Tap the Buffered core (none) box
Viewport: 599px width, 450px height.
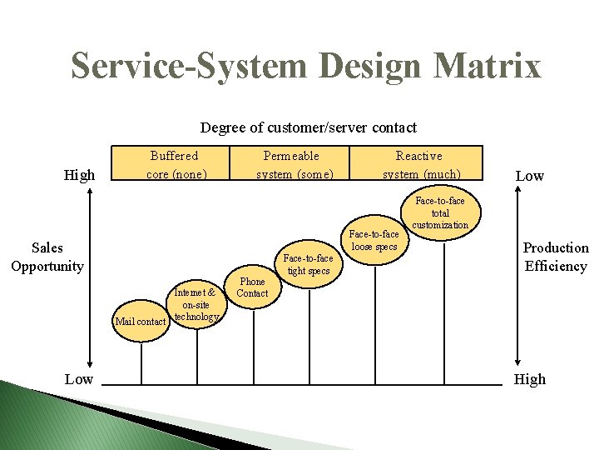tap(175, 164)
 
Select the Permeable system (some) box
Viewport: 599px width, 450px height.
tap(295, 164)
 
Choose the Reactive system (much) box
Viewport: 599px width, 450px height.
tap(420, 164)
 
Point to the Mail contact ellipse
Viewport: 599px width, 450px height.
tap(141, 322)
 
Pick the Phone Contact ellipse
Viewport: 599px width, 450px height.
tap(252, 287)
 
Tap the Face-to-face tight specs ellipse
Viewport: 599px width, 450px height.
tap(308, 264)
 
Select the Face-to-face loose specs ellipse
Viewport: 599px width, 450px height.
tap(374, 240)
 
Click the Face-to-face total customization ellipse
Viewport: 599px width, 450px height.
tap(440, 212)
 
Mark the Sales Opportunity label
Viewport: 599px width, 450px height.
tap(47, 257)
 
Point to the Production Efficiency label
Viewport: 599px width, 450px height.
tap(555, 257)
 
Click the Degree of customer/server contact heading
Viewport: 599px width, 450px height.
tap(308, 127)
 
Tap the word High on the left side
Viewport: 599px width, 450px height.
tap(80, 175)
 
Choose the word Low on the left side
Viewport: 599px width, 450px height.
tap(79, 379)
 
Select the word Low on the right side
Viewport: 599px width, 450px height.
tap(530, 175)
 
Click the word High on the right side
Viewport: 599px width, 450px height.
tap(530, 379)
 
